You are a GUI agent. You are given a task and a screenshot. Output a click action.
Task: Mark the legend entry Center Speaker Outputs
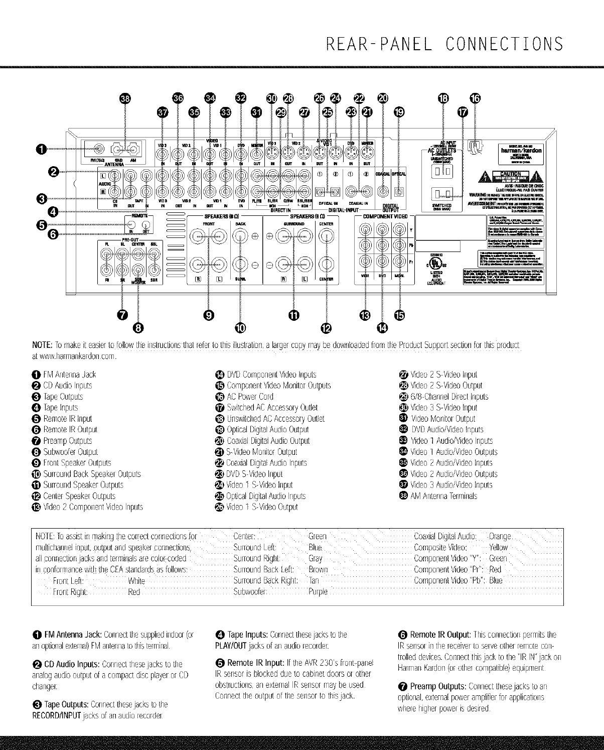click(86, 496)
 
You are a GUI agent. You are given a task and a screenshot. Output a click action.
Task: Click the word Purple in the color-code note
click(317, 592)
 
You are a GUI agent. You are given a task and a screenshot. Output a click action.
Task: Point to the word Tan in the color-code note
click(314, 580)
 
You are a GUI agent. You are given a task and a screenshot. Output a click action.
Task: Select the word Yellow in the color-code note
click(498, 547)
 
